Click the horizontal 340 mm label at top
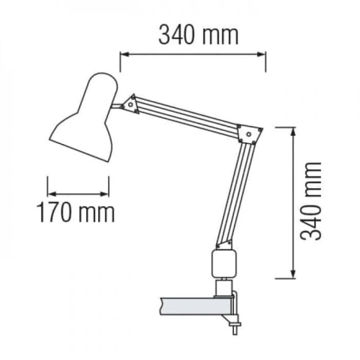[198, 35]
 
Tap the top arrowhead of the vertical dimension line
[293, 131]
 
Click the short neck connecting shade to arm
[117, 106]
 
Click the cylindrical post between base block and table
[222, 287]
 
